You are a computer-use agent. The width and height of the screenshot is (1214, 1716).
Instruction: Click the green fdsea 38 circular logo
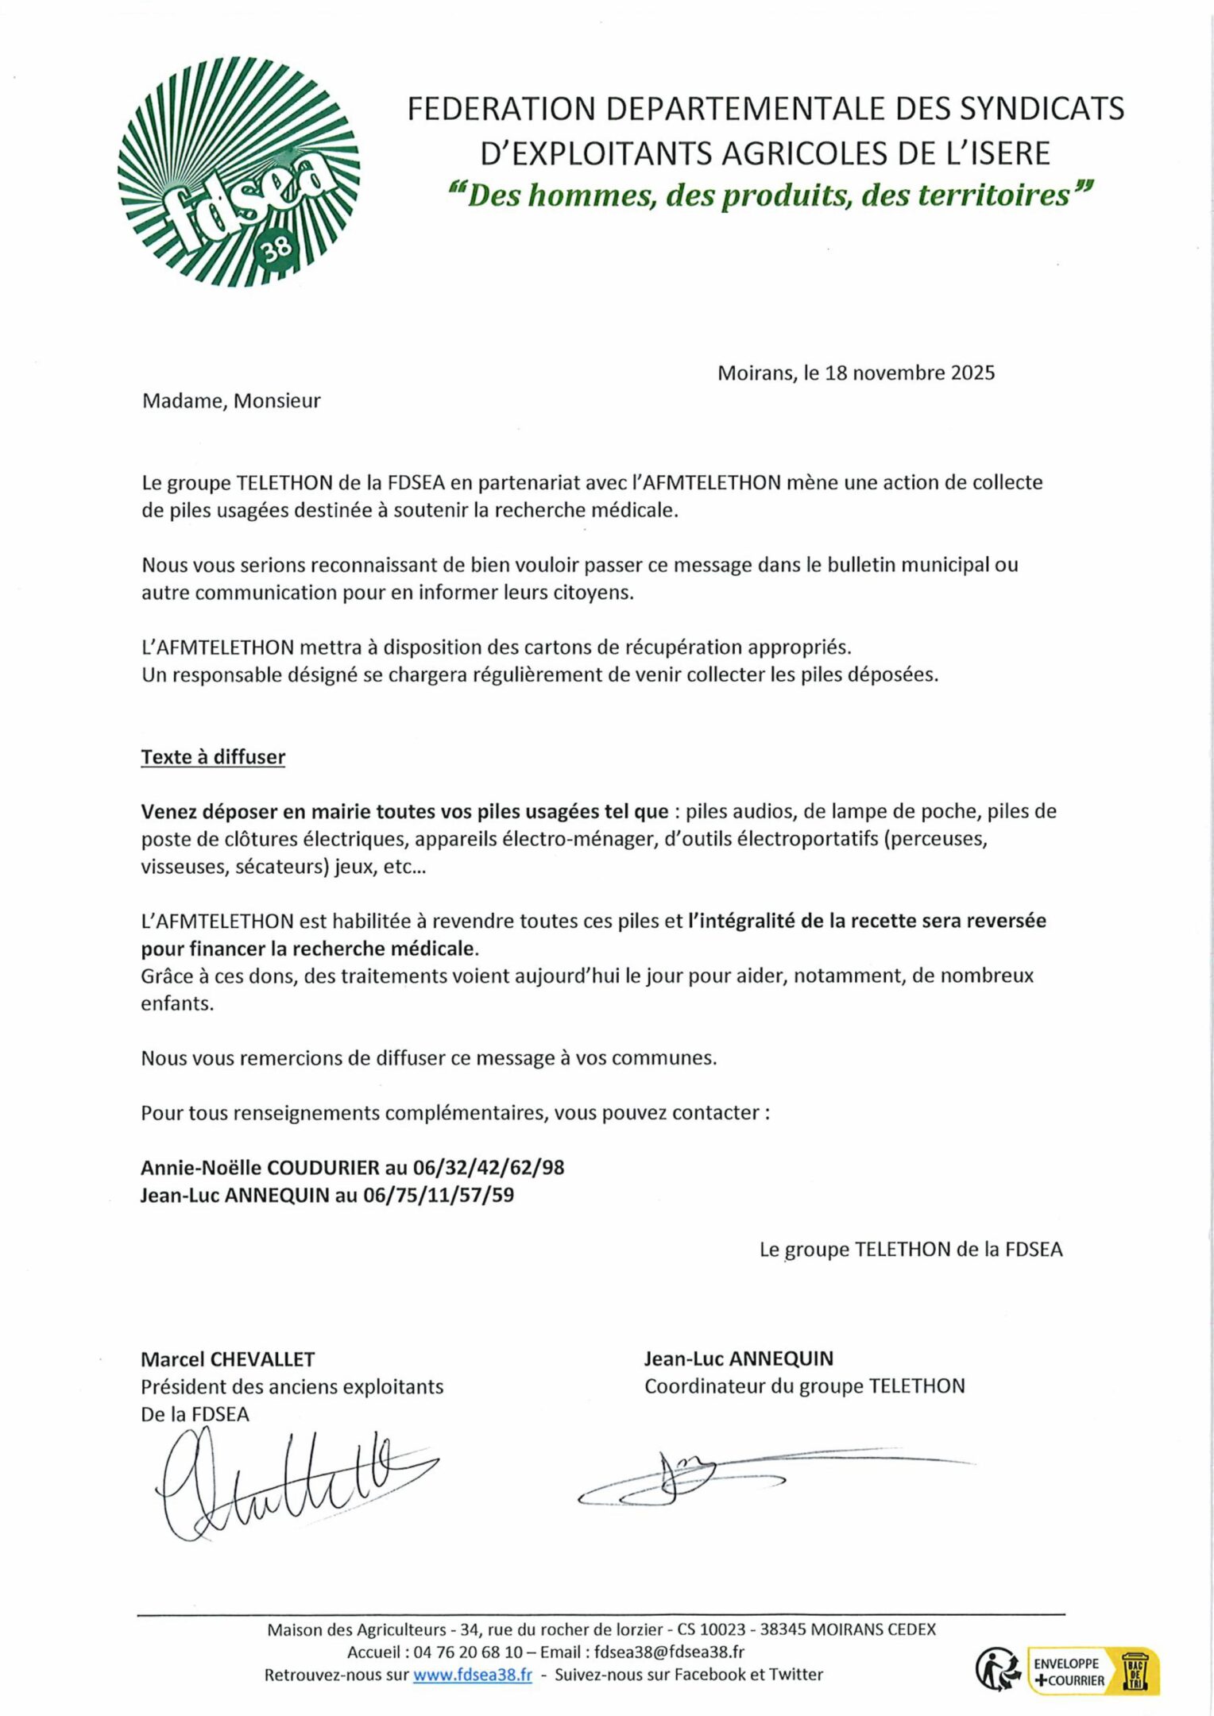click(x=238, y=172)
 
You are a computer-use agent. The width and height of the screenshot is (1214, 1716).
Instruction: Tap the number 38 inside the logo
click(x=277, y=256)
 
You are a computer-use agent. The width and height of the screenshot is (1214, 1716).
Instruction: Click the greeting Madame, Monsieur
click(x=231, y=400)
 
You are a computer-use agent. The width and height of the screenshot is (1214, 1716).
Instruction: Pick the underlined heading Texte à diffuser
click(x=213, y=757)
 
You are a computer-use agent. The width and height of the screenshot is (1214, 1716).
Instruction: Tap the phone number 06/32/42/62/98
click(x=489, y=1167)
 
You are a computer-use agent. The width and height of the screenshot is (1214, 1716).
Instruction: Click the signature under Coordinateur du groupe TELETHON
click(x=715, y=1479)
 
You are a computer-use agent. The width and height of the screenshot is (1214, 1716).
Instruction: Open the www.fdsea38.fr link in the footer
click(x=472, y=1675)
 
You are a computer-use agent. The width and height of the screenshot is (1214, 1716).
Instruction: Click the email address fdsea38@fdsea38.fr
click(x=669, y=1652)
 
